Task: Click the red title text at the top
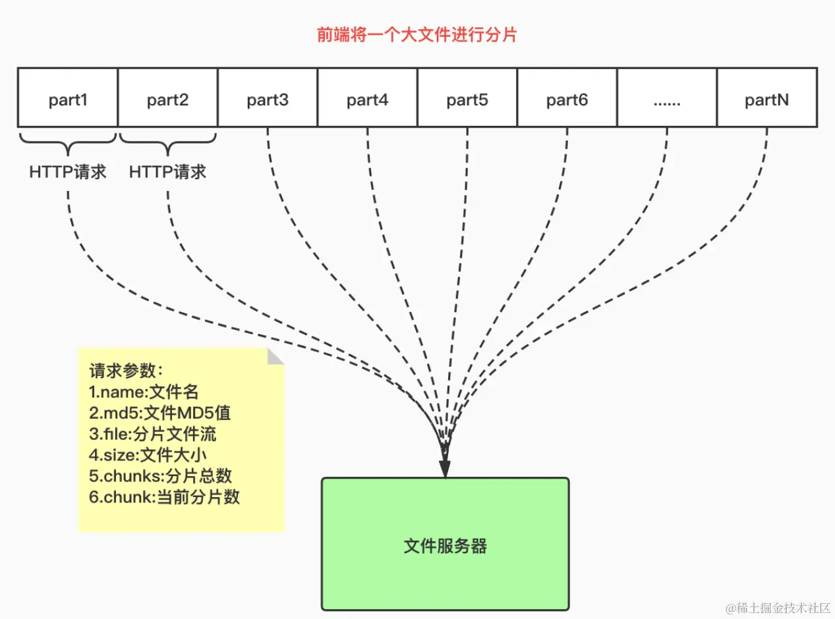pos(417,35)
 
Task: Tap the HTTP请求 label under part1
pos(68,172)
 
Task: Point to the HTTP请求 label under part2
pos(167,172)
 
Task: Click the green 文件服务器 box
pos(445,545)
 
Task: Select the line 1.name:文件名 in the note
pos(144,392)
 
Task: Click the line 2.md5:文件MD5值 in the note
pos(159,414)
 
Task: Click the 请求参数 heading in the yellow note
pos(126,372)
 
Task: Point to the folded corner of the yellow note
pos(275,356)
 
